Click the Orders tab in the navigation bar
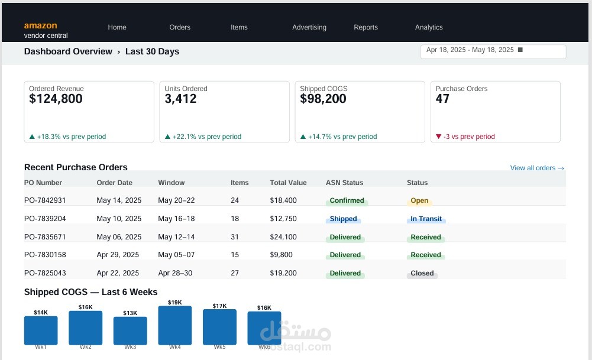click(180, 27)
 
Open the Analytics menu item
click(429, 27)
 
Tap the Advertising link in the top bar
click(309, 27)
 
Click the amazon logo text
click(40, 25)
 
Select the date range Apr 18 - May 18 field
click(493, 51)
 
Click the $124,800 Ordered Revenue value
click(56, 99)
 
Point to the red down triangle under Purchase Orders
click(438, 137)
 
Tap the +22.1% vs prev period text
click(207, 137)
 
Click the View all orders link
click(537, 168)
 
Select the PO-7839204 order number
click(45, 219)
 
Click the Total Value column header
click(288, 183)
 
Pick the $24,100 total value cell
click(283, 237)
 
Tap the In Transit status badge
click(426, 219)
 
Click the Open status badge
click(419, 201)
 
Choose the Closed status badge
click(422, 274)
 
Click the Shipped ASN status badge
click(343, 219)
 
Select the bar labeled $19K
click(175, 325)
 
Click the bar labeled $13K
click(130, 330)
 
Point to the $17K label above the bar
click(220, 306)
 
